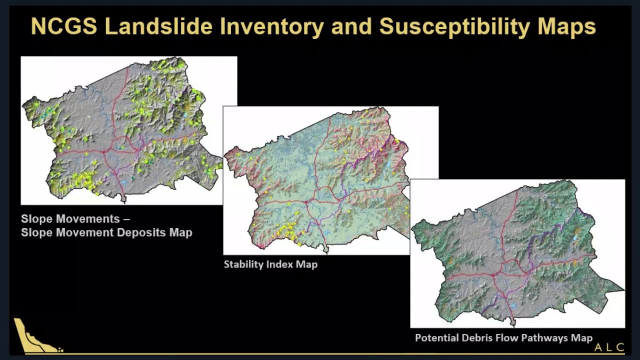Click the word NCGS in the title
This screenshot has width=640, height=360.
click(x=63, y=26)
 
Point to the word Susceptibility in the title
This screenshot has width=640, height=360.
click(x=454, y=26)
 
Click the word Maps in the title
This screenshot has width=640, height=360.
click(x=566, y=26)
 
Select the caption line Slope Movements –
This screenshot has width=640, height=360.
click(x=75, y=219)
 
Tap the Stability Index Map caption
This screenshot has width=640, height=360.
click(x=270, y=264)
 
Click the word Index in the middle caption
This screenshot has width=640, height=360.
click(x=280, y=264)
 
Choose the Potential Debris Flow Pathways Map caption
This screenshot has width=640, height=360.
click(x=503, y=338)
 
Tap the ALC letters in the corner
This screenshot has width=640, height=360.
click(x=609, y=347)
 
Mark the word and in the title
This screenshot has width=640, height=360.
click(x=349, y=26)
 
